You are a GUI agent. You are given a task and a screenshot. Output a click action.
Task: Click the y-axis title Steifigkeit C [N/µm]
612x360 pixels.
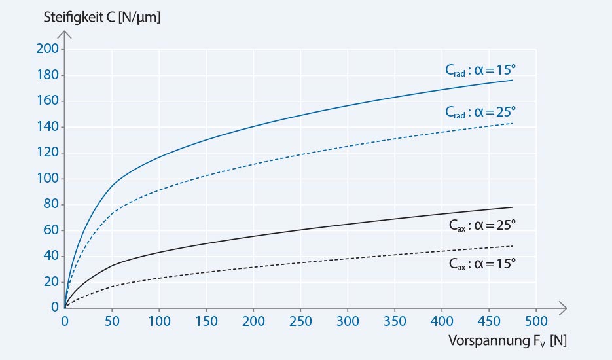point(102,18)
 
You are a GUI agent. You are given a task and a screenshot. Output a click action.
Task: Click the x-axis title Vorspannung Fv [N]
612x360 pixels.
point(508,341)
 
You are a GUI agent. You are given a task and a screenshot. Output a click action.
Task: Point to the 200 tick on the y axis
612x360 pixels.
point(49,49)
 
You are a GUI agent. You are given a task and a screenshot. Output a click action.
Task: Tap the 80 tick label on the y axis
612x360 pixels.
point(52,204)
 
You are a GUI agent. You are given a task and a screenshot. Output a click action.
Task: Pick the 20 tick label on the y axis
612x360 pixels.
point(52,282)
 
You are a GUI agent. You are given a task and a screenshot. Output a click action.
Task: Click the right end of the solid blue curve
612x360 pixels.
point(513,80)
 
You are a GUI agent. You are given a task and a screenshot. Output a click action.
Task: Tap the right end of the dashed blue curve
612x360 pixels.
point(513,123)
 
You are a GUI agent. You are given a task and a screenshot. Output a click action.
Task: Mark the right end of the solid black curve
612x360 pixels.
point(513,207)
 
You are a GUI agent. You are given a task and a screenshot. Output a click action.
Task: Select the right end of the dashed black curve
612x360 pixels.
point(513,246)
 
